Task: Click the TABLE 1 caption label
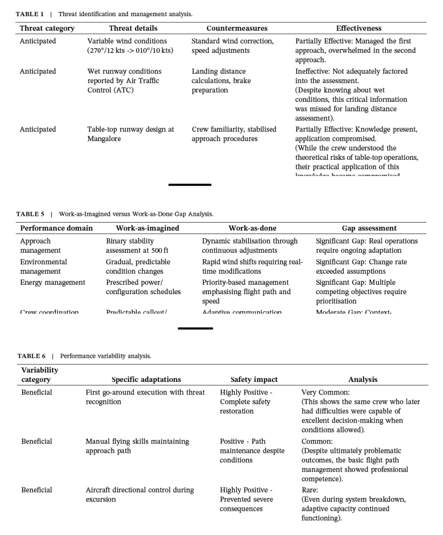tap(30, 14)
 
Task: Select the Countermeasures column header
tap(237, 28)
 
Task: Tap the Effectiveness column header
tap(358, 28)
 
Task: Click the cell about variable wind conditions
tap(130, 46)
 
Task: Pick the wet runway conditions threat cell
tap(124, 80)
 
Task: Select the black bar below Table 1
tap(190, 184)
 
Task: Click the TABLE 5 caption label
tap(31, 214)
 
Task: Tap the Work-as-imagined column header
tap(147, 228)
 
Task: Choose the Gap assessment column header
tap(369, 228)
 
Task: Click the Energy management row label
tap(52, 283)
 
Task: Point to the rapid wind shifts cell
tap(252, 266)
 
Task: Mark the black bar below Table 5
tap(195, 329)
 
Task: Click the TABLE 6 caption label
tap(31, 356)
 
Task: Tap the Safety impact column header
tap(254, 380)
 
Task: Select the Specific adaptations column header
tap(146, 380)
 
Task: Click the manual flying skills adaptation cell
tap(137, 446)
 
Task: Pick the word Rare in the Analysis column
tap(310, 490)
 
